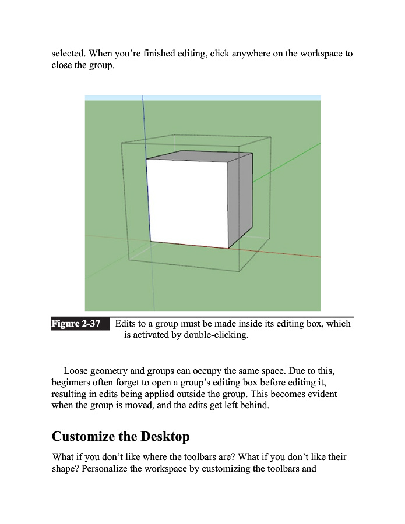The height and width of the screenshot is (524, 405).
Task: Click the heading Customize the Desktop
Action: pyautogui.click(x=121, y=436)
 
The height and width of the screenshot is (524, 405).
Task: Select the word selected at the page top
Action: pyautogui.click(x=69, y=54)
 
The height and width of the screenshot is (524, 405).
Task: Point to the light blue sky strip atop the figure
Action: pyautogui.click(x=203, y=98)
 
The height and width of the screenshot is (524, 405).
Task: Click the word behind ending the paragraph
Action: pyautogui.click(x=255, y=406)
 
